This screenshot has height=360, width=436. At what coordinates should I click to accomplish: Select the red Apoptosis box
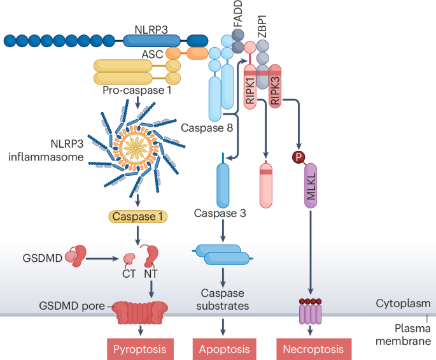(x=224, y=349)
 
